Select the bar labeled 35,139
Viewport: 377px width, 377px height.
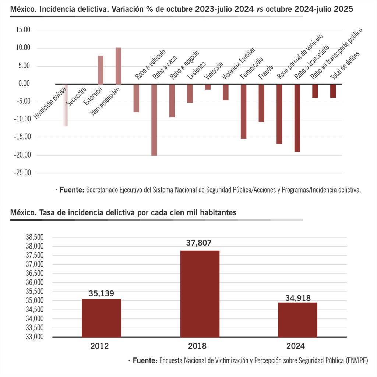[101, 317]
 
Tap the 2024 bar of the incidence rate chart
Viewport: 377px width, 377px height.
[297, 319]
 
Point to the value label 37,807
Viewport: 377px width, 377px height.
[199, 243]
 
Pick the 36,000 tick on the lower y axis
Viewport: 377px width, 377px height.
[35, 282]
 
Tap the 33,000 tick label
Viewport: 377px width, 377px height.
[35, 337]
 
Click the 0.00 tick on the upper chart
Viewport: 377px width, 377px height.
[23, 84]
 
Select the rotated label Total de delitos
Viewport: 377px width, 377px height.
[345, 66]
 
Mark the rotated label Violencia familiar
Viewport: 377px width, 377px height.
[238, 63]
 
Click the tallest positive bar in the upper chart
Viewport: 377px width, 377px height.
[118, 66]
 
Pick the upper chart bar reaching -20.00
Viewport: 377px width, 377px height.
[154, 120]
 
